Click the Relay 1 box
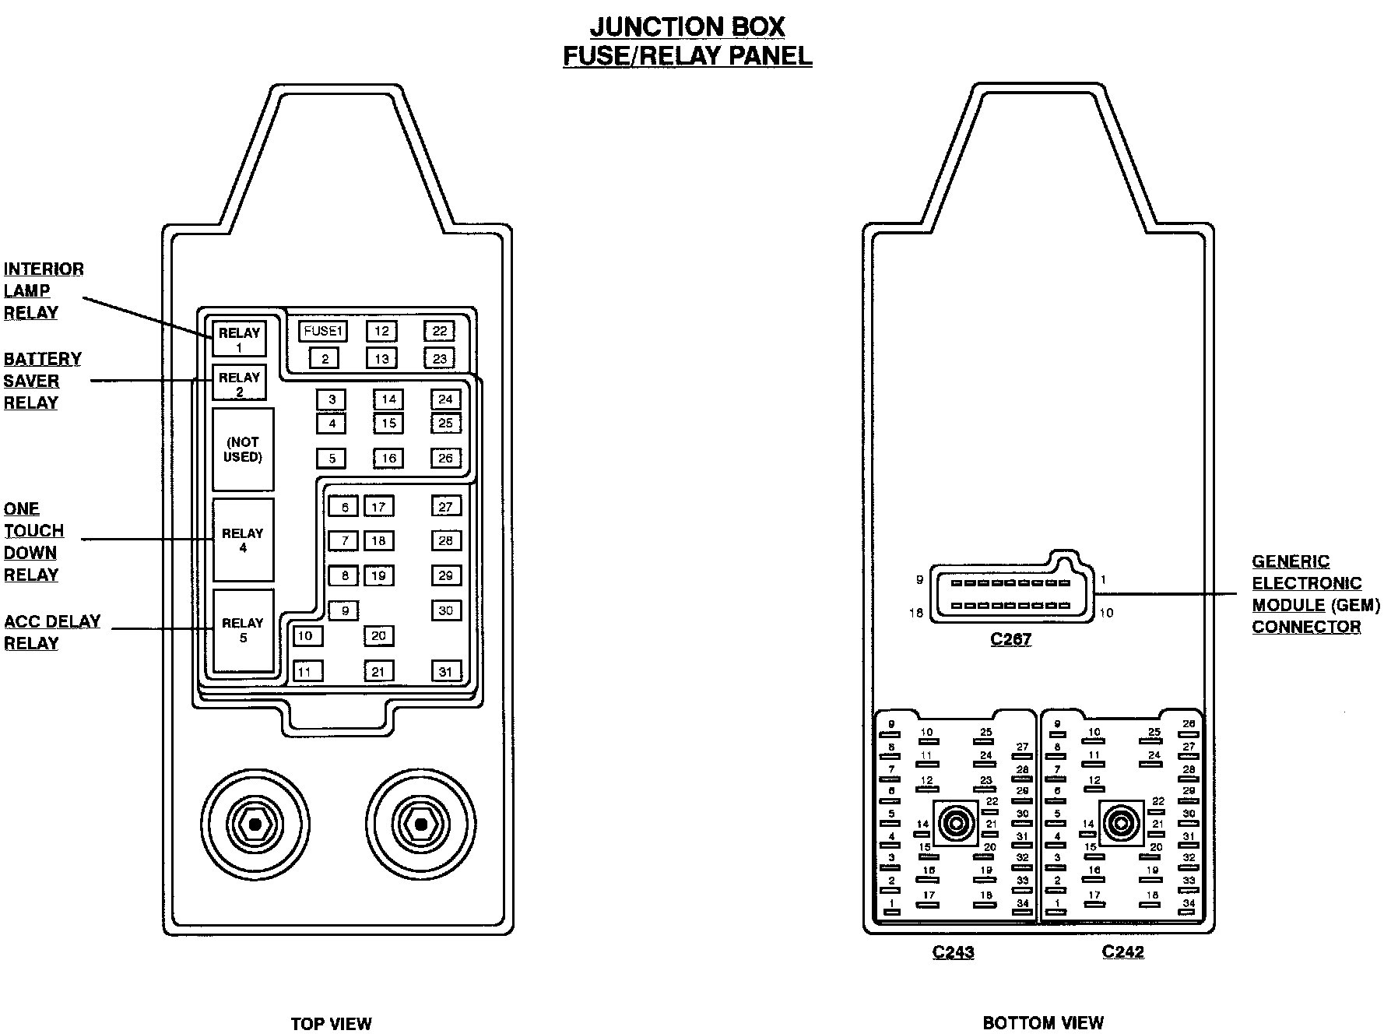click(239, 339)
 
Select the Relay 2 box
click(239, 383)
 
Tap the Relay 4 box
click(243, 540)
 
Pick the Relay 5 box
click(243, 630)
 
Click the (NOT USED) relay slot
click(243, 449)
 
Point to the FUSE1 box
click(323, 331)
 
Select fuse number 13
click(381, 358)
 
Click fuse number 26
click(445, 458)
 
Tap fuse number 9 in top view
click(344, 610)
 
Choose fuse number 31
click(445, 671)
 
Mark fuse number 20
click(378, 635)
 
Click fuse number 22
click(440, 331)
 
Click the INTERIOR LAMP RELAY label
click(43, 290)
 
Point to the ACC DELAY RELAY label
click(52, 632)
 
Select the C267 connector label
click(1010, 639)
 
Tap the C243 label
click(953, 951)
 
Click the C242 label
click(1122, 951)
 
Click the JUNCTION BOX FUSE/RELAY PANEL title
click(687, 40)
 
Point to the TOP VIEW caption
click(331, 1023)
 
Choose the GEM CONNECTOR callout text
click(1316, 594)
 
